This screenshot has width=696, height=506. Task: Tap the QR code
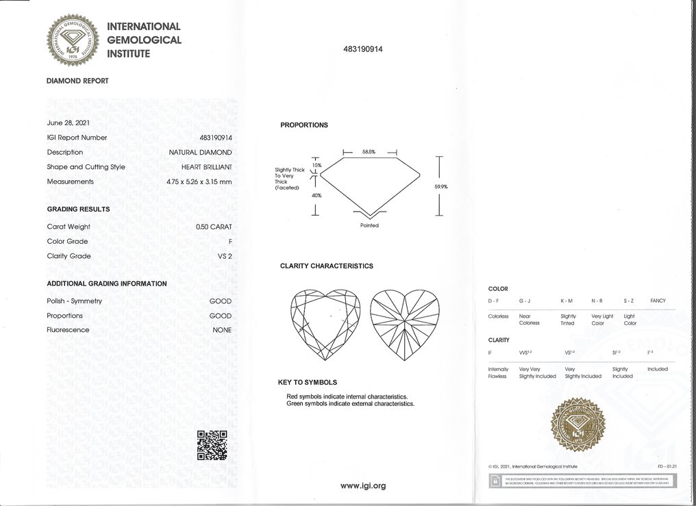coord(212,444)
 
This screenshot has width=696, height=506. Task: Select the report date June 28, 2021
coord(68,123)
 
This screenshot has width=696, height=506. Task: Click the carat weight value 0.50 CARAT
coord(214,227)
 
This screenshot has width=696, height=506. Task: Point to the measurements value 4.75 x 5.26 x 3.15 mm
coord(199,181)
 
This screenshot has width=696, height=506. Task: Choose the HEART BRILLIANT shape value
coord(206,167)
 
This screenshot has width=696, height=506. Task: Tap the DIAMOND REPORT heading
coord(77,81)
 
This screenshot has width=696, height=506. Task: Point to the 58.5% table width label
coord(370,152)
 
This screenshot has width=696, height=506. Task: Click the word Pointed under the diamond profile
coord(369,225)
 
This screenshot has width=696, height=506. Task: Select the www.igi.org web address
coord(363,485)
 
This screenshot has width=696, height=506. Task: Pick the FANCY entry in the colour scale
coord(658,301)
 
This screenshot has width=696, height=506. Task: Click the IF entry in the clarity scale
coord(490,352)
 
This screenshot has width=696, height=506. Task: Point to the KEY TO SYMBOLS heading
coord(306,382)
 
